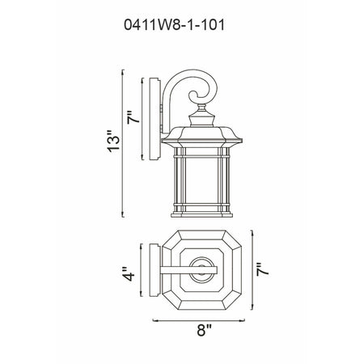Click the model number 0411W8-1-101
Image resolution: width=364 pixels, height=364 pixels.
coord(174,25)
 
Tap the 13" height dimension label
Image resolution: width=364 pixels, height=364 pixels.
coord(113,142)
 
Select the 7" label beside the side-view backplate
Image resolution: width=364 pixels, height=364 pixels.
coord(133,117)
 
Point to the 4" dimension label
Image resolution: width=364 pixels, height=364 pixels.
coord(128,274)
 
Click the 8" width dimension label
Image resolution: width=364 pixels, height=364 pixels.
coord(204,330)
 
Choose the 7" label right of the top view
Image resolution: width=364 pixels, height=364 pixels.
coord(263,269)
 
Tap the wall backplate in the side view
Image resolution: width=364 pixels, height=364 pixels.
coord(155,119)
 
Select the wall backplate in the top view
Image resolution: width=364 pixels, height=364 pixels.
coord(155,270)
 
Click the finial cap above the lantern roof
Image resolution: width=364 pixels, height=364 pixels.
coord(201,116)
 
